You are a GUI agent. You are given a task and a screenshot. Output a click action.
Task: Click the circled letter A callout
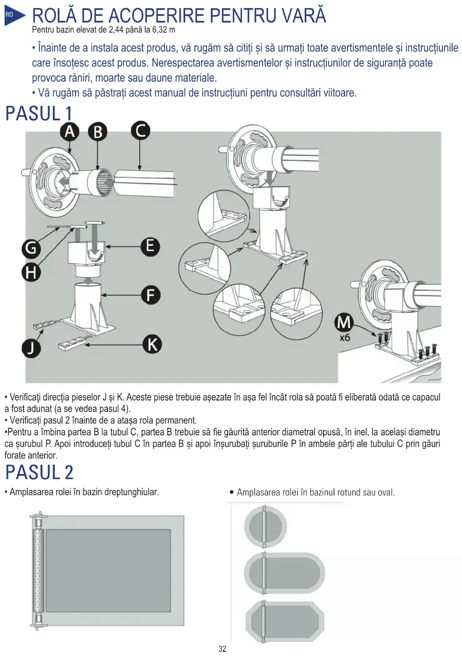coord(70,131)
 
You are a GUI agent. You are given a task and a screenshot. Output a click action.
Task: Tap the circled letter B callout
coord(98,132)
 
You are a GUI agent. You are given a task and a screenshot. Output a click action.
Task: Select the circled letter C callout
coord(140,131)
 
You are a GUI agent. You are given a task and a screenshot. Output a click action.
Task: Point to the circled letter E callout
coord(150,246)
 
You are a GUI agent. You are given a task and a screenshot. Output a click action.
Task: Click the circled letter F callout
coord(150,295)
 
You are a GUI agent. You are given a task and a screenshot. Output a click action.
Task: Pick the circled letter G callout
coord(31,248)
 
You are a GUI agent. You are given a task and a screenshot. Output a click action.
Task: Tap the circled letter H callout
coord(31,272)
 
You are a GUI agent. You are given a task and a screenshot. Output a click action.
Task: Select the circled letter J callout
coord(31,348)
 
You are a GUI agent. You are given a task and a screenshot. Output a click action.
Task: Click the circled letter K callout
coord(152,344)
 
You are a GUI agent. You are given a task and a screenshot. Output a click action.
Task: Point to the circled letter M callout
coord(344,322)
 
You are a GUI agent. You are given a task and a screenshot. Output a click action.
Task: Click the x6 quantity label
coord(345,338)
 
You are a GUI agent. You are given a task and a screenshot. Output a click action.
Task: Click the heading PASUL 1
coord(39,114)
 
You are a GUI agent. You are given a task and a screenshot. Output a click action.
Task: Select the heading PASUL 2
coord(39,473)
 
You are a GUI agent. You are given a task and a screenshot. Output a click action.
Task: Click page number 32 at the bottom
coord(222,649)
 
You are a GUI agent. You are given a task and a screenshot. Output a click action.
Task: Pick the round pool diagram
coord(265,527)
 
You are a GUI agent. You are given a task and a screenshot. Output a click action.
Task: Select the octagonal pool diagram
coord(285,621)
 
